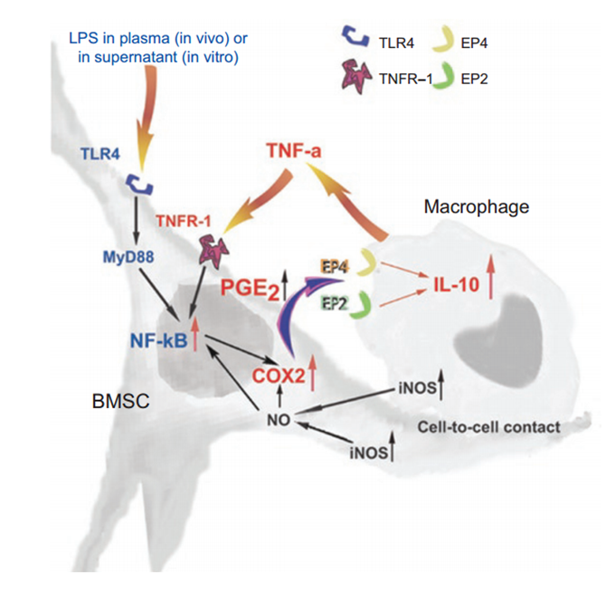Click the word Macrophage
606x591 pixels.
tap(477, 207)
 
